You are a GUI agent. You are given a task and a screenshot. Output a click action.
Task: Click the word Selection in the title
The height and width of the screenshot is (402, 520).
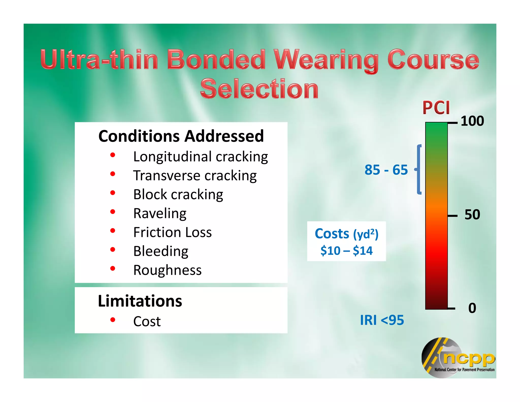pyautogui.click(x=259, y=89)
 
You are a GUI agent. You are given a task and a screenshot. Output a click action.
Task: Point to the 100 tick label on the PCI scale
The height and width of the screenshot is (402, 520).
pyautogui.click(x=472, y=121)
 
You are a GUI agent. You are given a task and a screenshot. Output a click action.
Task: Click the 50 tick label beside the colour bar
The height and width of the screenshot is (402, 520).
pyautogui.click(x=472, y=215)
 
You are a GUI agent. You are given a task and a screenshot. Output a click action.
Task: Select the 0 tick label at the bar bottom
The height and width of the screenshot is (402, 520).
pyautogui.click(x=472, y=308)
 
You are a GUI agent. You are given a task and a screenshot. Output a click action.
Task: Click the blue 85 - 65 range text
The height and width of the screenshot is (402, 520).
pyautogui.click(x=386, y=170)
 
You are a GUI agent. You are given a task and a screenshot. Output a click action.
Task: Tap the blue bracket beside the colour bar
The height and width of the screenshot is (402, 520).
pyautogui.click(x=418, y=169)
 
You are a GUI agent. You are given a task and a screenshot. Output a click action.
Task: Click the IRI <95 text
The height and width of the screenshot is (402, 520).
pyautogui.click(x=382, y=320)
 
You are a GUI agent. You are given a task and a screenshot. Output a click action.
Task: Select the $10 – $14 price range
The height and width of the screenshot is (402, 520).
pyautogui.click(x=346, y=251)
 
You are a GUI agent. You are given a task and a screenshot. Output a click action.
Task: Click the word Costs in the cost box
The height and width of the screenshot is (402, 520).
pyautogui.click(x=332, y=234)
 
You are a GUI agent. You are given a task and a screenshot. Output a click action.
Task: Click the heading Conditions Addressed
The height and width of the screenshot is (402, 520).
pyautogui.click(x=181, y=136)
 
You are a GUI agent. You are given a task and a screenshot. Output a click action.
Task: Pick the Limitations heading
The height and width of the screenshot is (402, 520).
pyautogui.click(x=140, y=301)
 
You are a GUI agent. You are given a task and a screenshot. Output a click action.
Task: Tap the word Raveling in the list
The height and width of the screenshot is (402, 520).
pyautogui.click(x=160, y=213)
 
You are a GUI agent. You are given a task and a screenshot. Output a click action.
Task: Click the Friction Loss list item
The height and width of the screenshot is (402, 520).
pyautogui.click(x=172, y=232)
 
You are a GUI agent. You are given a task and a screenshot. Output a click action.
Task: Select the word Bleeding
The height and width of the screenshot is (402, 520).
pyautogui.click(x=161, y=251)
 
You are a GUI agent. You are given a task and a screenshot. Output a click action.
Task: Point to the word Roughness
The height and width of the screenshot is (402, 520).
pyautogui.click(x=167, y=270)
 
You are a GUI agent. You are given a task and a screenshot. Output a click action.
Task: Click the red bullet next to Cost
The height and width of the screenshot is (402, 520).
pyautogui.click(x=113, y=320)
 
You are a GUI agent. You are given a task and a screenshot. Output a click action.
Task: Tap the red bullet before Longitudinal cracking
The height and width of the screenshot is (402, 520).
pyautogui.click(x=113, y=155)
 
